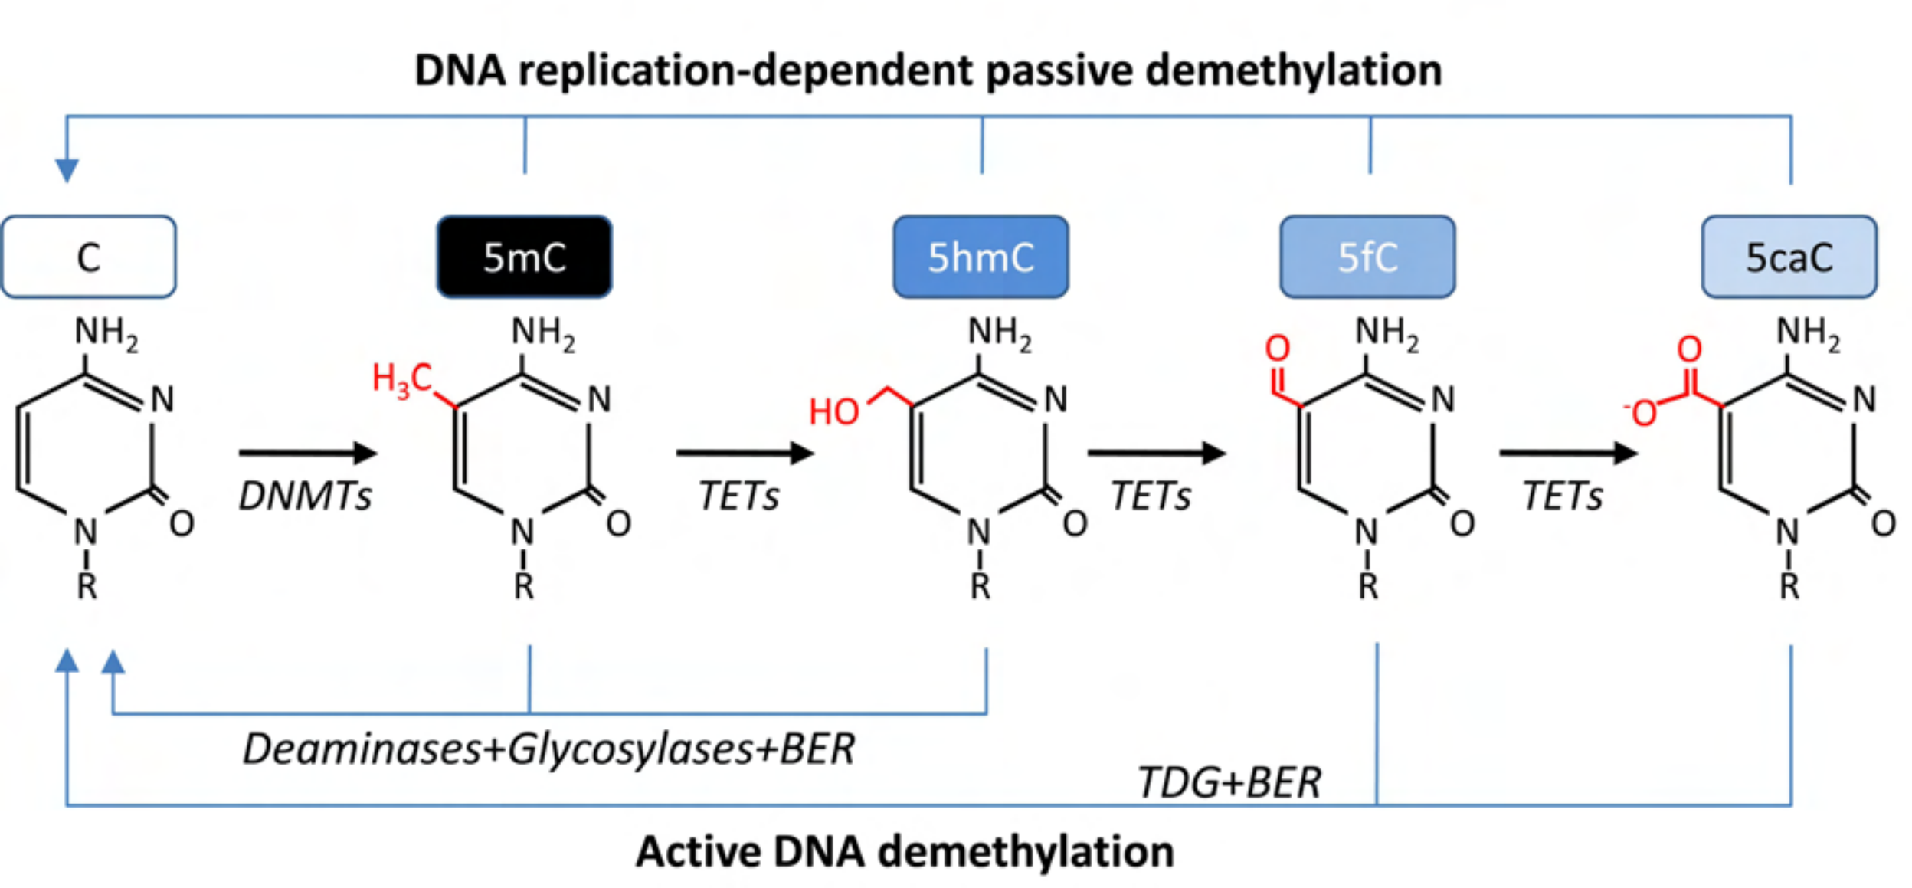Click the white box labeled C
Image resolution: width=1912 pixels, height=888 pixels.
point(89,256)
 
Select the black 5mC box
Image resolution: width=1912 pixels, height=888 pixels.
point(524,256)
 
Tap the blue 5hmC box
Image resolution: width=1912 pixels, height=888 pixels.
point(981,256)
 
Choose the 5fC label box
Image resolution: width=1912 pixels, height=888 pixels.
point(1367,256)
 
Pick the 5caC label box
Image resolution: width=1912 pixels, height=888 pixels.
point(1789,256)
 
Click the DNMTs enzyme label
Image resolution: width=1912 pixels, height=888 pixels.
point(305,496)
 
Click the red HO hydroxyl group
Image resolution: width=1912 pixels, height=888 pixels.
point(834,411)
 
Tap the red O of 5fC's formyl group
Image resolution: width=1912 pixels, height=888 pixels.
point(1277,348)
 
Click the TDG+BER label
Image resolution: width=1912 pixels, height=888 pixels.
point(1229,782)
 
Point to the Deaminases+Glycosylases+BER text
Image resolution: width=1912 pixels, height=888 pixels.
point(548,749)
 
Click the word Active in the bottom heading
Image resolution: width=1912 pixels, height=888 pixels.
point(699,851)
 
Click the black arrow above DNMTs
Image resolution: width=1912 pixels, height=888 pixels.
point(308,453)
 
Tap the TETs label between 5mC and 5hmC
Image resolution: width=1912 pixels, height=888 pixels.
point(738,496)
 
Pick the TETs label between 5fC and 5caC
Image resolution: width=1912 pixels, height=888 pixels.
point(1562,496)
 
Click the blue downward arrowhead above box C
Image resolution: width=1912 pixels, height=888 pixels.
point(67,170)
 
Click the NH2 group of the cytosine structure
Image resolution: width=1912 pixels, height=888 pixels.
point(106,334)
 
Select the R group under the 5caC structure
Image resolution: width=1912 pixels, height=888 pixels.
point(1789,586)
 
